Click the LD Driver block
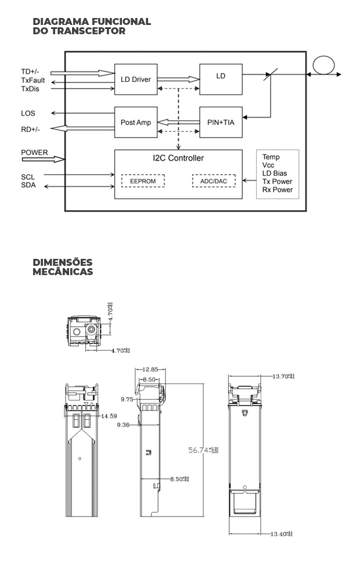click(136, 79)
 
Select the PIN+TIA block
click(221, 122)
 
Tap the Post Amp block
click(136, 122)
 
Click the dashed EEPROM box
click(143, 181)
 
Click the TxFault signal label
click(33, 81)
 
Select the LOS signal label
click(28, 113)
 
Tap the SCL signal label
click(28, 176)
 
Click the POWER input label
click(34, 153)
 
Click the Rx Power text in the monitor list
click(277, 190)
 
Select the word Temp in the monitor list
click(271, 157)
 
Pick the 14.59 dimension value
click(109, 416)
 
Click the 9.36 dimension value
click(123, 425)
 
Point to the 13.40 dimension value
click(281, 533)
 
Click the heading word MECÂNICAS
click(62, 272)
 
